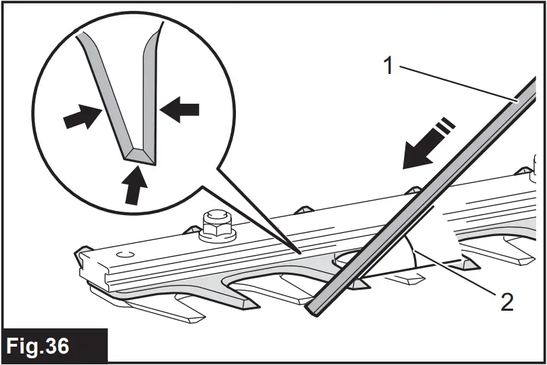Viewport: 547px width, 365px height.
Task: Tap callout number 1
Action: pyautogui.click(x=388, y=66)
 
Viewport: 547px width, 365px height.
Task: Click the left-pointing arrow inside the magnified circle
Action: pyautogui.click(x=181, y=109)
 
